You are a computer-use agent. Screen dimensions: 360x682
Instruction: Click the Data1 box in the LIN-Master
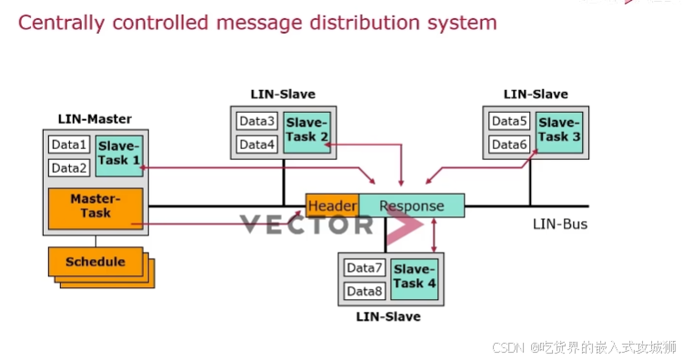(x=68, y=145)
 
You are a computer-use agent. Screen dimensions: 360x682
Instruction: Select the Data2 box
(x=68, y=167)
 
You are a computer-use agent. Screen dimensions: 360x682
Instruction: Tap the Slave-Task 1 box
(x=119, y=153)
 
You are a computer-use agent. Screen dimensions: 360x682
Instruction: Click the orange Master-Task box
(x=95, y=205)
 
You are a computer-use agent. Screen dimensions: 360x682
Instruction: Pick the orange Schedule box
(x=95, y=262)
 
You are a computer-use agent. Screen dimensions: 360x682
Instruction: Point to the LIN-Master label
(x=95, y=119)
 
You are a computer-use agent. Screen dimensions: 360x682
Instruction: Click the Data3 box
(x=257, y=122)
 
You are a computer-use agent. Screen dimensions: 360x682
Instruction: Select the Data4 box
(x=257, y=145)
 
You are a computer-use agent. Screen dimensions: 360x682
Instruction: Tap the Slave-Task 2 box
(x=306, y=130)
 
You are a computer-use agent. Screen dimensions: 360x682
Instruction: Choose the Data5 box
(x=509, y=122)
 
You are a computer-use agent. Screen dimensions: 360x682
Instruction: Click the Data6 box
(x=509, y=145)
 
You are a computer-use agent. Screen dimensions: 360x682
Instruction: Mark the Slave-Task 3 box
(x=557, y=130)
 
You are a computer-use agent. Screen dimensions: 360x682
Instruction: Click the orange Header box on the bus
(x=332, y=205)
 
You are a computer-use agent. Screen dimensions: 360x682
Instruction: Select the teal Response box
(x=412, y=205)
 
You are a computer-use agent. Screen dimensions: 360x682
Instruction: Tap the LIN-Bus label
(x=559, y=224)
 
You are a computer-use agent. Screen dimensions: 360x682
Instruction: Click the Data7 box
(x=365, y=268)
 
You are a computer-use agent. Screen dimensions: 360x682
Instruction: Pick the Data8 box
(x=365, y=291)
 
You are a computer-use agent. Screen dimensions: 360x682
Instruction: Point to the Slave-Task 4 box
(x=415, y=276)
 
